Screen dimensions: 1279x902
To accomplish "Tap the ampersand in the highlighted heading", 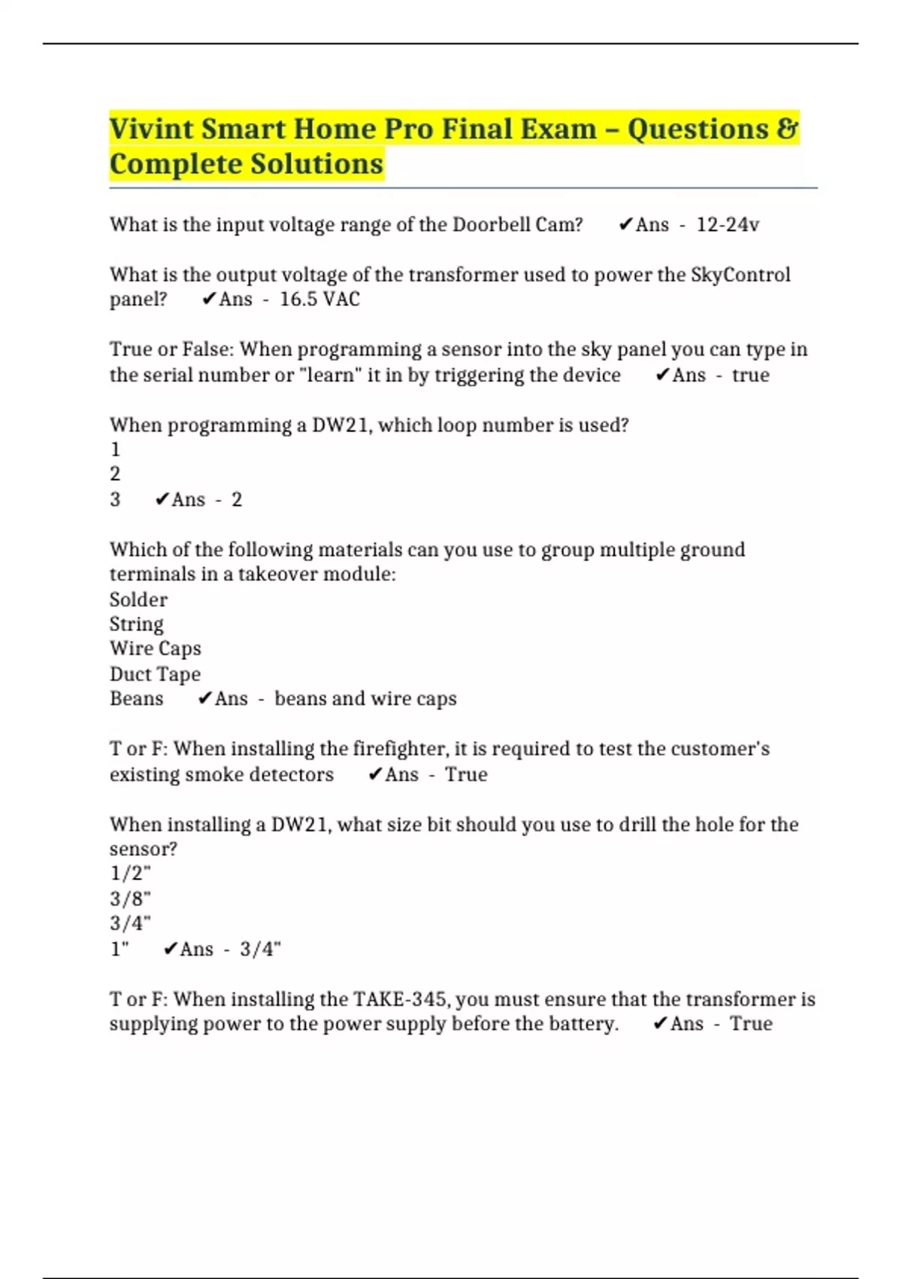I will [787, 129].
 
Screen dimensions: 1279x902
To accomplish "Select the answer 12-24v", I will [728, 225].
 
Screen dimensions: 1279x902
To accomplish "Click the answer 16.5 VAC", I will [319, 299].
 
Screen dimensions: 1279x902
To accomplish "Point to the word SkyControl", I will [740, 275].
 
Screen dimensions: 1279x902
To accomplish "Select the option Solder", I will [138, 600].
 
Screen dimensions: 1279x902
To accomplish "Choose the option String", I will [136, 624].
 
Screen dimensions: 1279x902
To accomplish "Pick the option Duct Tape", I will [155, 674].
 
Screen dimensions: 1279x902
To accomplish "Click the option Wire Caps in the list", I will [155, 649].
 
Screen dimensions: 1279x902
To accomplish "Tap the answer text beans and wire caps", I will [365, 699].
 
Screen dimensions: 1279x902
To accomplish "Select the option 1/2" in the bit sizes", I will [130, 873].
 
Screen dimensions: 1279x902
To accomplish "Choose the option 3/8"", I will [130, 898].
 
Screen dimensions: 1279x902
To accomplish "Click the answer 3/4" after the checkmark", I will [260, 949].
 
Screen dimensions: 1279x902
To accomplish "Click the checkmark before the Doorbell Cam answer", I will [625, 225].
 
